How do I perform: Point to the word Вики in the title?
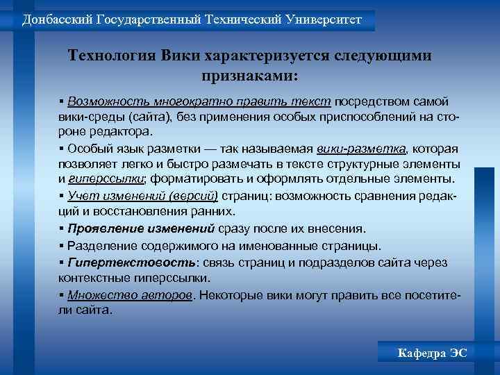click(x=179, y=56)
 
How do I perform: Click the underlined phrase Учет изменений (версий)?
click(x=143, y=196)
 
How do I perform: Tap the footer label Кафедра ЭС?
click(x=432, y=353)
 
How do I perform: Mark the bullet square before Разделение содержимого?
click(x=62, y=245)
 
